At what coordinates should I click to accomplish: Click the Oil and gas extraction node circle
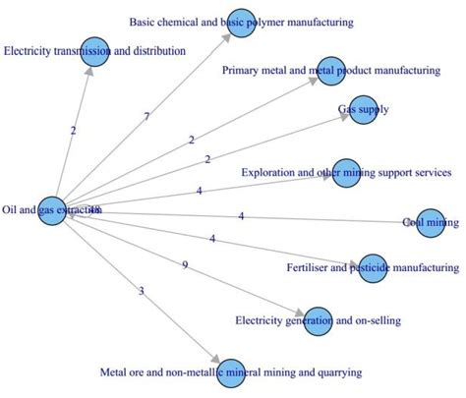coord(52,209)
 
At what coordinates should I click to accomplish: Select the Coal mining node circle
coord(431,222)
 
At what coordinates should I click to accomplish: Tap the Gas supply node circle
coord(363,110)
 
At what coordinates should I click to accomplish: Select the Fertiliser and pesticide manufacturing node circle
coord(373,267)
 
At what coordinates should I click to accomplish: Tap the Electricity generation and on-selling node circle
coord(318,320)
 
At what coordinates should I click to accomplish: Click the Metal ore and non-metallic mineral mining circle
coord(230,372)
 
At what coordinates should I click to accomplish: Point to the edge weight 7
coord(146,117)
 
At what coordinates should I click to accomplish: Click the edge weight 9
coord(184,265)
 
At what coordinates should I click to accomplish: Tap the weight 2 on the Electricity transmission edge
coord(73,130)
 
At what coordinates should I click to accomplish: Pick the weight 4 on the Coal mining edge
coord(241,215)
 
